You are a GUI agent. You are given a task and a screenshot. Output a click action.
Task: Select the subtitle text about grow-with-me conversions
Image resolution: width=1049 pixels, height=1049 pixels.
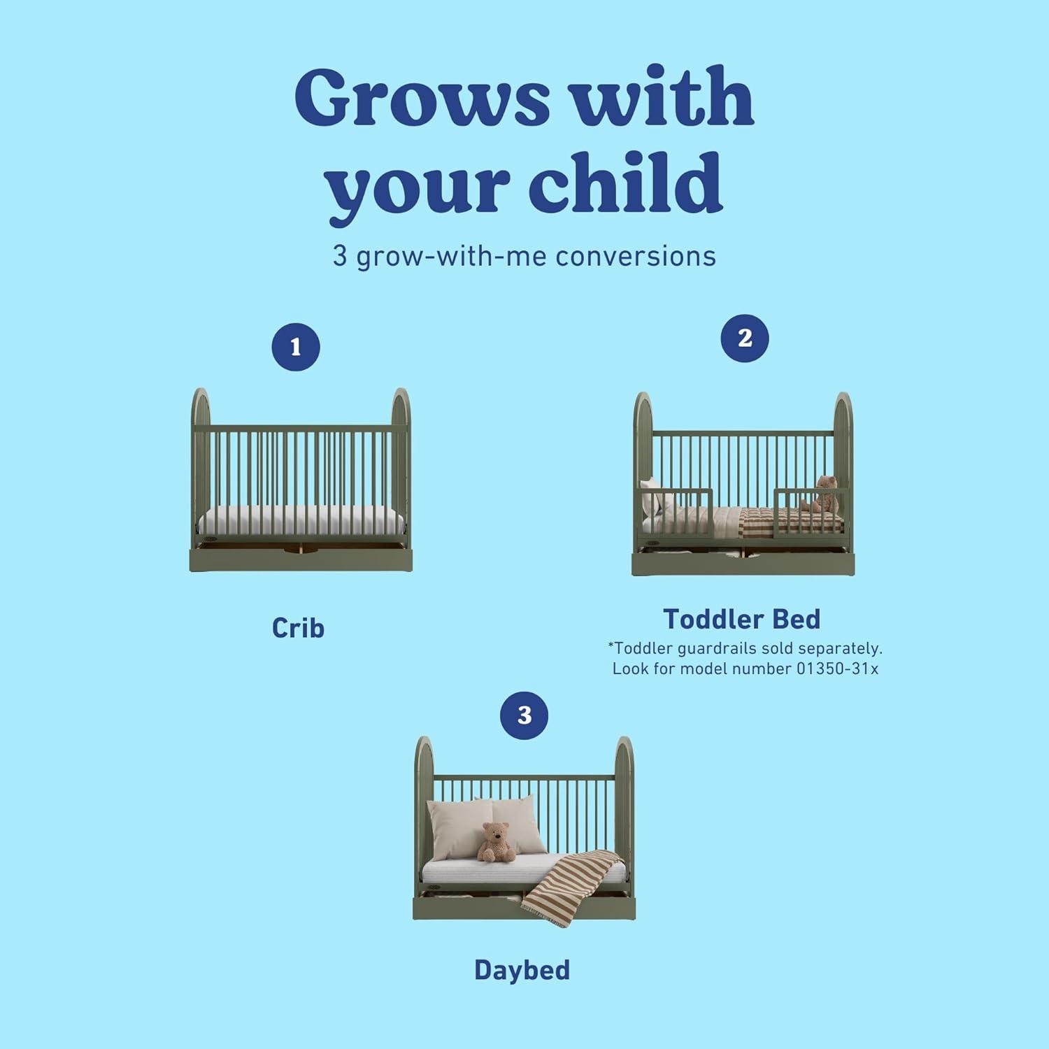click(x=524, y=256)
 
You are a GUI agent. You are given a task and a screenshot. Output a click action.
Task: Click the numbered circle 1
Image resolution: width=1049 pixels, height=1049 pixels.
click(x=296, y=347)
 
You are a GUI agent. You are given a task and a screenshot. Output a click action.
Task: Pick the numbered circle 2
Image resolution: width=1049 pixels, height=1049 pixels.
click(x=745, y=338)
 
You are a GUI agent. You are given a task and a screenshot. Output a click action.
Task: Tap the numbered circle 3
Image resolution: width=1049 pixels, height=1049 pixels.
click(x=524, y=715)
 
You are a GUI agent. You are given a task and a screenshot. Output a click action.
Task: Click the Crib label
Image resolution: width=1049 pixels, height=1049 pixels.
click(x=298, y=628)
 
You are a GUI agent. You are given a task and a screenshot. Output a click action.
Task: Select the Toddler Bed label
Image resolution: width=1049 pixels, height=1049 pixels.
click(x=742, y=619)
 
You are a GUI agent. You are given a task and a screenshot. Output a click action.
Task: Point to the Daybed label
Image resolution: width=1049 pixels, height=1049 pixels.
click(x=522, y=970)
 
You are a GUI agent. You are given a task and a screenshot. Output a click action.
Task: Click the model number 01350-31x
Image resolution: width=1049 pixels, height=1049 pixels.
click(x=837, y=669)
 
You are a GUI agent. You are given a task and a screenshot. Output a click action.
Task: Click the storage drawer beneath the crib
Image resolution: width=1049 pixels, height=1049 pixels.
click(x=301, y=559)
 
